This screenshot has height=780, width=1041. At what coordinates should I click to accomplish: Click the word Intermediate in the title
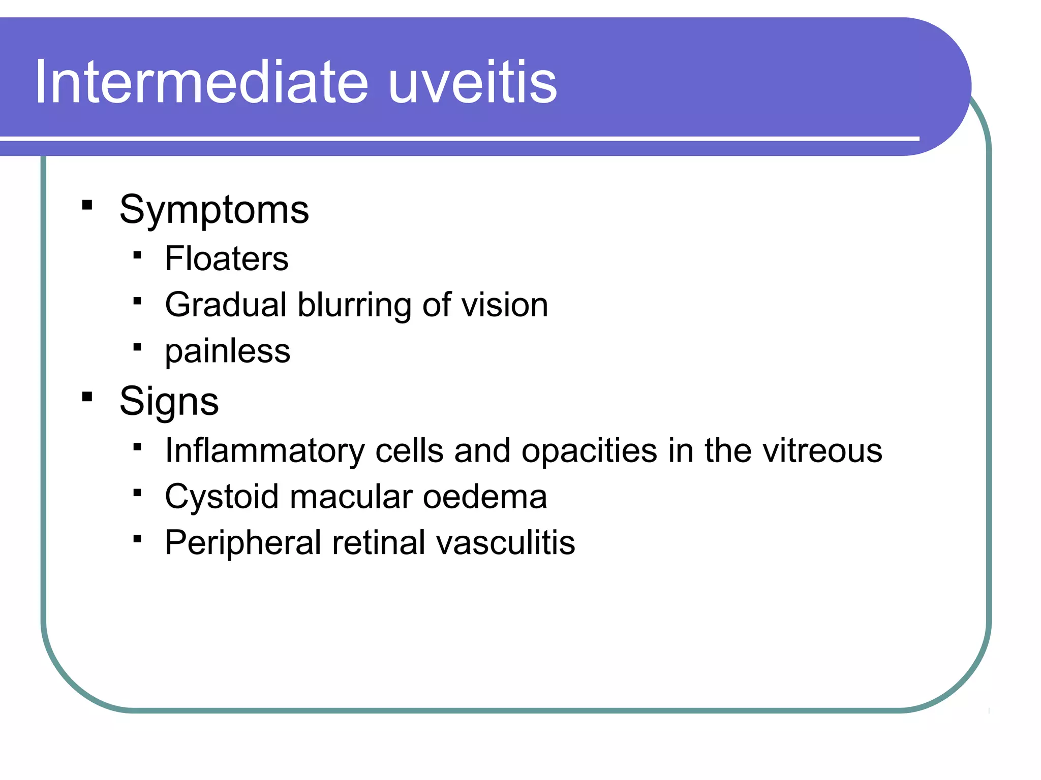[x=201, y=82]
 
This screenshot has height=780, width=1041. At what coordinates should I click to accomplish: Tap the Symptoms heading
[x=214, y=210]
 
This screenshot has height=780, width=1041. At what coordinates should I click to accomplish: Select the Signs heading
[x=169, y=401]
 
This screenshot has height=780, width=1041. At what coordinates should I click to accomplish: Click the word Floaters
[x=227, y=258]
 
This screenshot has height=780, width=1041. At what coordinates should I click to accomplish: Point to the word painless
[x=227, y=351]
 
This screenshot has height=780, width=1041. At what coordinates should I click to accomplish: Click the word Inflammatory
[x=265, y=451]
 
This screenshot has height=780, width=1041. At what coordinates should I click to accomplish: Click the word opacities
[x=589, y=451]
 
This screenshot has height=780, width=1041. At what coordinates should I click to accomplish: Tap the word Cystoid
[x=221, y=497]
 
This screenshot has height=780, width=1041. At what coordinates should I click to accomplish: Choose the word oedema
[x=485, y=497]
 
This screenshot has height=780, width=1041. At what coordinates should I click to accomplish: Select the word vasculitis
[x=505, y=543]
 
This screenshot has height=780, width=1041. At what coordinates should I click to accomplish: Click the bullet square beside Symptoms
[x=87, y=205]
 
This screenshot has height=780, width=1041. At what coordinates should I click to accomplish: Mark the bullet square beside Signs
[x=87, y=397]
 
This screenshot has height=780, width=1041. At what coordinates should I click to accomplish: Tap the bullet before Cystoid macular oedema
[x=137, y=493]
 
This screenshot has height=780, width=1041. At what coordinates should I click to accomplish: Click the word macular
[x=351, y=497]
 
